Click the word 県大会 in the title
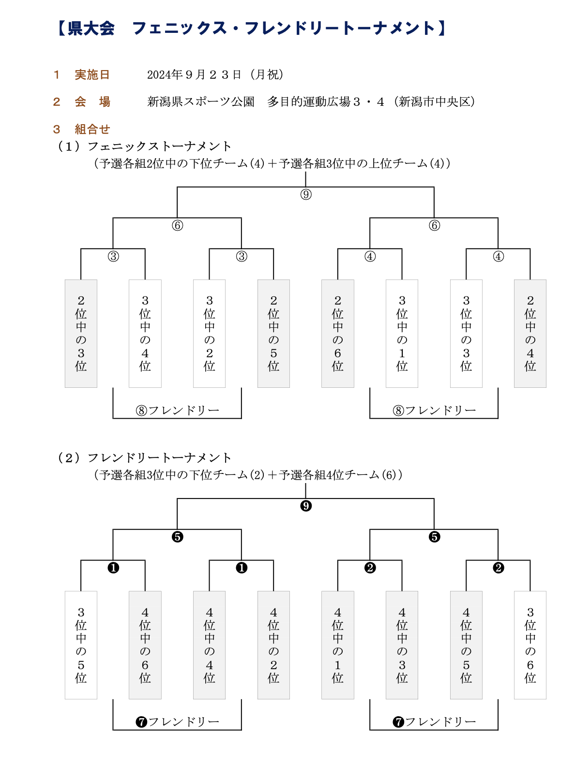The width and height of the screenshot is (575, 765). click(x=91, y=29)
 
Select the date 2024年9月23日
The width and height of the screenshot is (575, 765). click(x=194, y=75)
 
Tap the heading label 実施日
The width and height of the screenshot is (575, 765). click(x=92, y=75)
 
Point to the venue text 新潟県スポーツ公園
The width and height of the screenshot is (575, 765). click(x=201, y=102)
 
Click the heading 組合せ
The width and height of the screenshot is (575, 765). click(x=92, y=129)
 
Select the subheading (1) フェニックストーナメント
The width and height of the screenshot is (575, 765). click(x=144, y=147)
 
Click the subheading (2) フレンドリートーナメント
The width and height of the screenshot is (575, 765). click(x=144, y=458)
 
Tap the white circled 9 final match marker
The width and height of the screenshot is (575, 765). click(x=306, y=194)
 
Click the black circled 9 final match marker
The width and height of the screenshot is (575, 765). click(x=306, y=506)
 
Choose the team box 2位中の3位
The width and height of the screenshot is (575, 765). click(x=81, y=334)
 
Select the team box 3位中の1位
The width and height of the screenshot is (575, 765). click(x=402, y=334)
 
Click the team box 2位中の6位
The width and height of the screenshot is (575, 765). click(x=337, y=334)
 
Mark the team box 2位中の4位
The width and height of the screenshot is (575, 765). click(x=530, y=334)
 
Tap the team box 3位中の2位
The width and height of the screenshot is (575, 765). click(x=209, y=334)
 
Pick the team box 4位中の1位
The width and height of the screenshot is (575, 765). click(x=337, y=645)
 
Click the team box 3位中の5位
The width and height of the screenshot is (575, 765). click(x=81, y=645)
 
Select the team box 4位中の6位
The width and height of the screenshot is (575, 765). click(x=145, y=645)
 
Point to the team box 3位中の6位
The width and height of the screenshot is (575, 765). click(x=530, y=645)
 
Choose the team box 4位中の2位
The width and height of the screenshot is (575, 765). click(x=273, y=645)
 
